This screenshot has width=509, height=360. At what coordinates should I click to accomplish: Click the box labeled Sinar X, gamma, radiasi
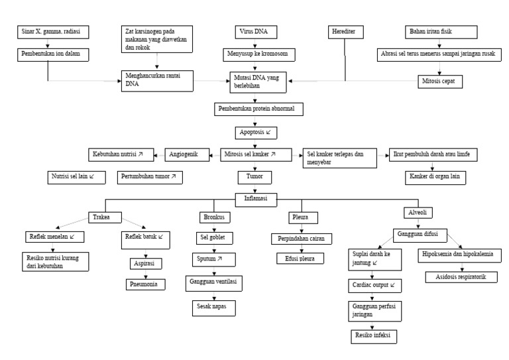click(x=52, y=32)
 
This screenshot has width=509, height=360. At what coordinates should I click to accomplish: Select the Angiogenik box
click(x=184, y=154)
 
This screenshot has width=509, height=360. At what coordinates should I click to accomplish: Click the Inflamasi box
click(x=256, y=197)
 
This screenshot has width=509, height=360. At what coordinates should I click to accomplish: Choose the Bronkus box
click(x=215, y=217)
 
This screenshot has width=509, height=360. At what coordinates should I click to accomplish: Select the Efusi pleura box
click(x=302, y=259)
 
